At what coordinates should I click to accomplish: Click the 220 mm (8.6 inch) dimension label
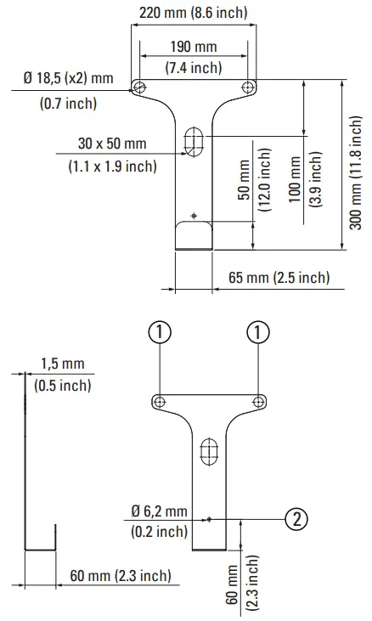tap(193, 13)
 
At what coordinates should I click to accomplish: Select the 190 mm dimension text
tap(193, 45)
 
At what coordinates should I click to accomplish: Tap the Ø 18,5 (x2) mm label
tap(69, 79)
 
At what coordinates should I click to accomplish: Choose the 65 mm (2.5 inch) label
tap(279, 278)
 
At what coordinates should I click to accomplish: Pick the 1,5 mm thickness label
tap(63, 364)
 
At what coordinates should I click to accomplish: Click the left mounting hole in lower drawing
tap(161, 401)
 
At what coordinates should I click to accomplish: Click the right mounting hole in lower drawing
tap(257, 401)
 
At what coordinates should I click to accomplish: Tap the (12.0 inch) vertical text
tap(264, 192)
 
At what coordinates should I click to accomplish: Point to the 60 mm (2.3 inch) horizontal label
tap(119, 577)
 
